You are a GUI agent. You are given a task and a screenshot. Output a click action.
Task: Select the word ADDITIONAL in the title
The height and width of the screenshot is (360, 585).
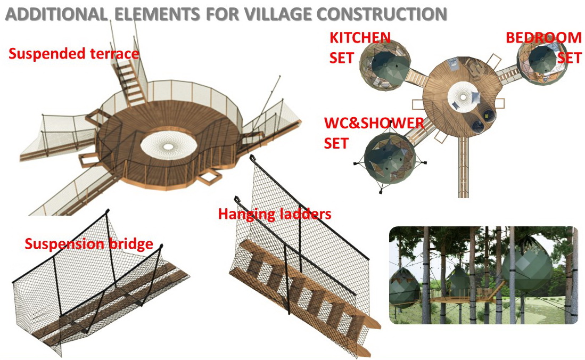[x=55, y=14]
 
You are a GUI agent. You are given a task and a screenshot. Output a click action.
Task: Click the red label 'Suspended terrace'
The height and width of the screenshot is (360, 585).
[x=73, y=54]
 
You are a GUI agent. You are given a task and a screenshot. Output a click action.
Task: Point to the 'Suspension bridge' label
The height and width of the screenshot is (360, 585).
[x=89, y=244]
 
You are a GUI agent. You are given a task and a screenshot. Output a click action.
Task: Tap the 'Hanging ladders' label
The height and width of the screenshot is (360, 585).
[x=275, y=214]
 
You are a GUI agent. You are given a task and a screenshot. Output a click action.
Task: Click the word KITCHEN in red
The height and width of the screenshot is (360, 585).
[x=360, y=38]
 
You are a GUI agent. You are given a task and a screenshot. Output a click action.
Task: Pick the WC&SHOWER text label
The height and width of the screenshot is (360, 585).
[x=374, y=124]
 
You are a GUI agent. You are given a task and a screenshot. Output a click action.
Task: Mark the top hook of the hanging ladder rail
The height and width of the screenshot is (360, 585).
[x=254, y=158]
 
